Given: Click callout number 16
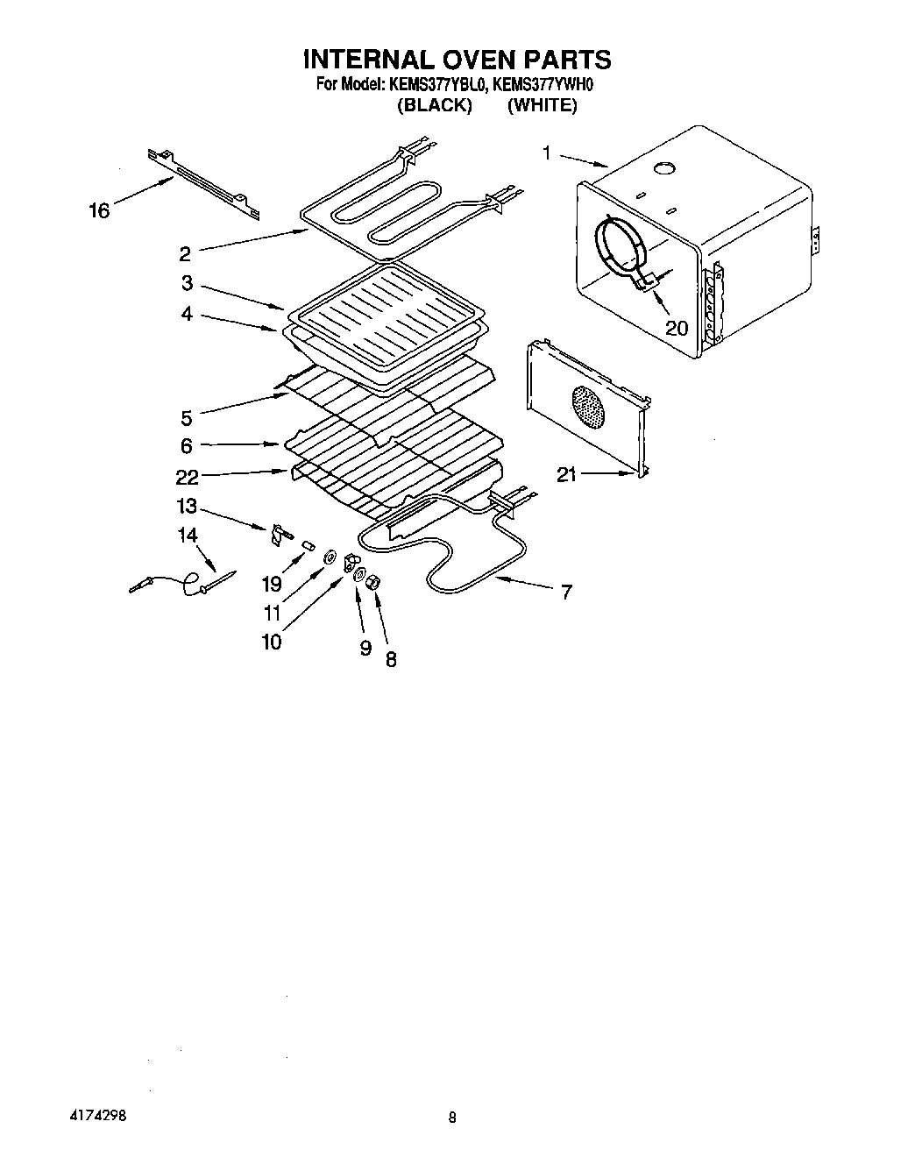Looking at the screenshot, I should (x=100, y=210).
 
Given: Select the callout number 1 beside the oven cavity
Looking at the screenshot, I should (x=546, y=154).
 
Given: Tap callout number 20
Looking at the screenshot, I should (x=677, y=329).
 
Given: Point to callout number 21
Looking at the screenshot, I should (x=567, y=474).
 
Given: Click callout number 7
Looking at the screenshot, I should (x=566, y=593).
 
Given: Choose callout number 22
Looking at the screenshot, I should (x=187, y=477).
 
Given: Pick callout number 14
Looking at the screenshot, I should (x=188, y=535).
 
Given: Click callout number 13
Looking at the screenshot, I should (x=187, y=507).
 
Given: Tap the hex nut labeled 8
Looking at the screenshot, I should (x=371, y=580).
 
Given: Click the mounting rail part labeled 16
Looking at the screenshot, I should (x=203, y=183).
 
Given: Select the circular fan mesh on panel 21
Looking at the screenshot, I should (x=588, y=408).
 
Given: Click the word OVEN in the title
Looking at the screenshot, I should (x=463, y=60).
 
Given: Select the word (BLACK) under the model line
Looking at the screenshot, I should (x=435, y=105).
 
